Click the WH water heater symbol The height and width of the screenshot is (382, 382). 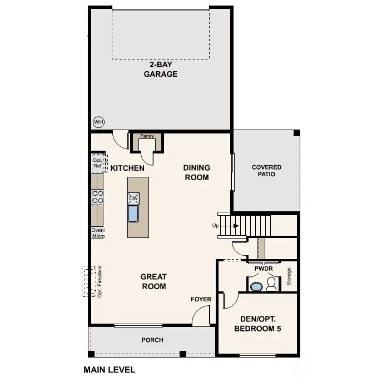coord(98,122)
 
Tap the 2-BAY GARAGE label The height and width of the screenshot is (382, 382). coord(160,70)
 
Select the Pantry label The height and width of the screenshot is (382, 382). coord(147,136)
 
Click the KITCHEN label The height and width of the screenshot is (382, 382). coord(127,168)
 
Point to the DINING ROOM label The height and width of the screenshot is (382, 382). coord(196,172)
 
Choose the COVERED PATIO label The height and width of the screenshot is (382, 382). coord(266,171)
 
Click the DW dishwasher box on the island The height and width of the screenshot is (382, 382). coord(133,198)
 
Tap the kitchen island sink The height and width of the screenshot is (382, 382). coord(133,214)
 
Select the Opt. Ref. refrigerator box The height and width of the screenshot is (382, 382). coord(98,163)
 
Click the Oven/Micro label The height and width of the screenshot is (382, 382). coord(98,233)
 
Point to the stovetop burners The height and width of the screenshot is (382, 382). coord(98,196)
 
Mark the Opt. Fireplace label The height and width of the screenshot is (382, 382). coord(100,281)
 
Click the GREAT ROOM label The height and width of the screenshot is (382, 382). coord(153,281)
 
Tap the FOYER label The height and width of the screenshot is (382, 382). coord(201,299)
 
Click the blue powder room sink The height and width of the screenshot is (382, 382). coord(256,287)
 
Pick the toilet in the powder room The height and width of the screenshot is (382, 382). coord(272,285)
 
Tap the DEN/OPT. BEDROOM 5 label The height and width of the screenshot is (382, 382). coord(257,324)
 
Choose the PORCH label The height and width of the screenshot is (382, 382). coord(152,340)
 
